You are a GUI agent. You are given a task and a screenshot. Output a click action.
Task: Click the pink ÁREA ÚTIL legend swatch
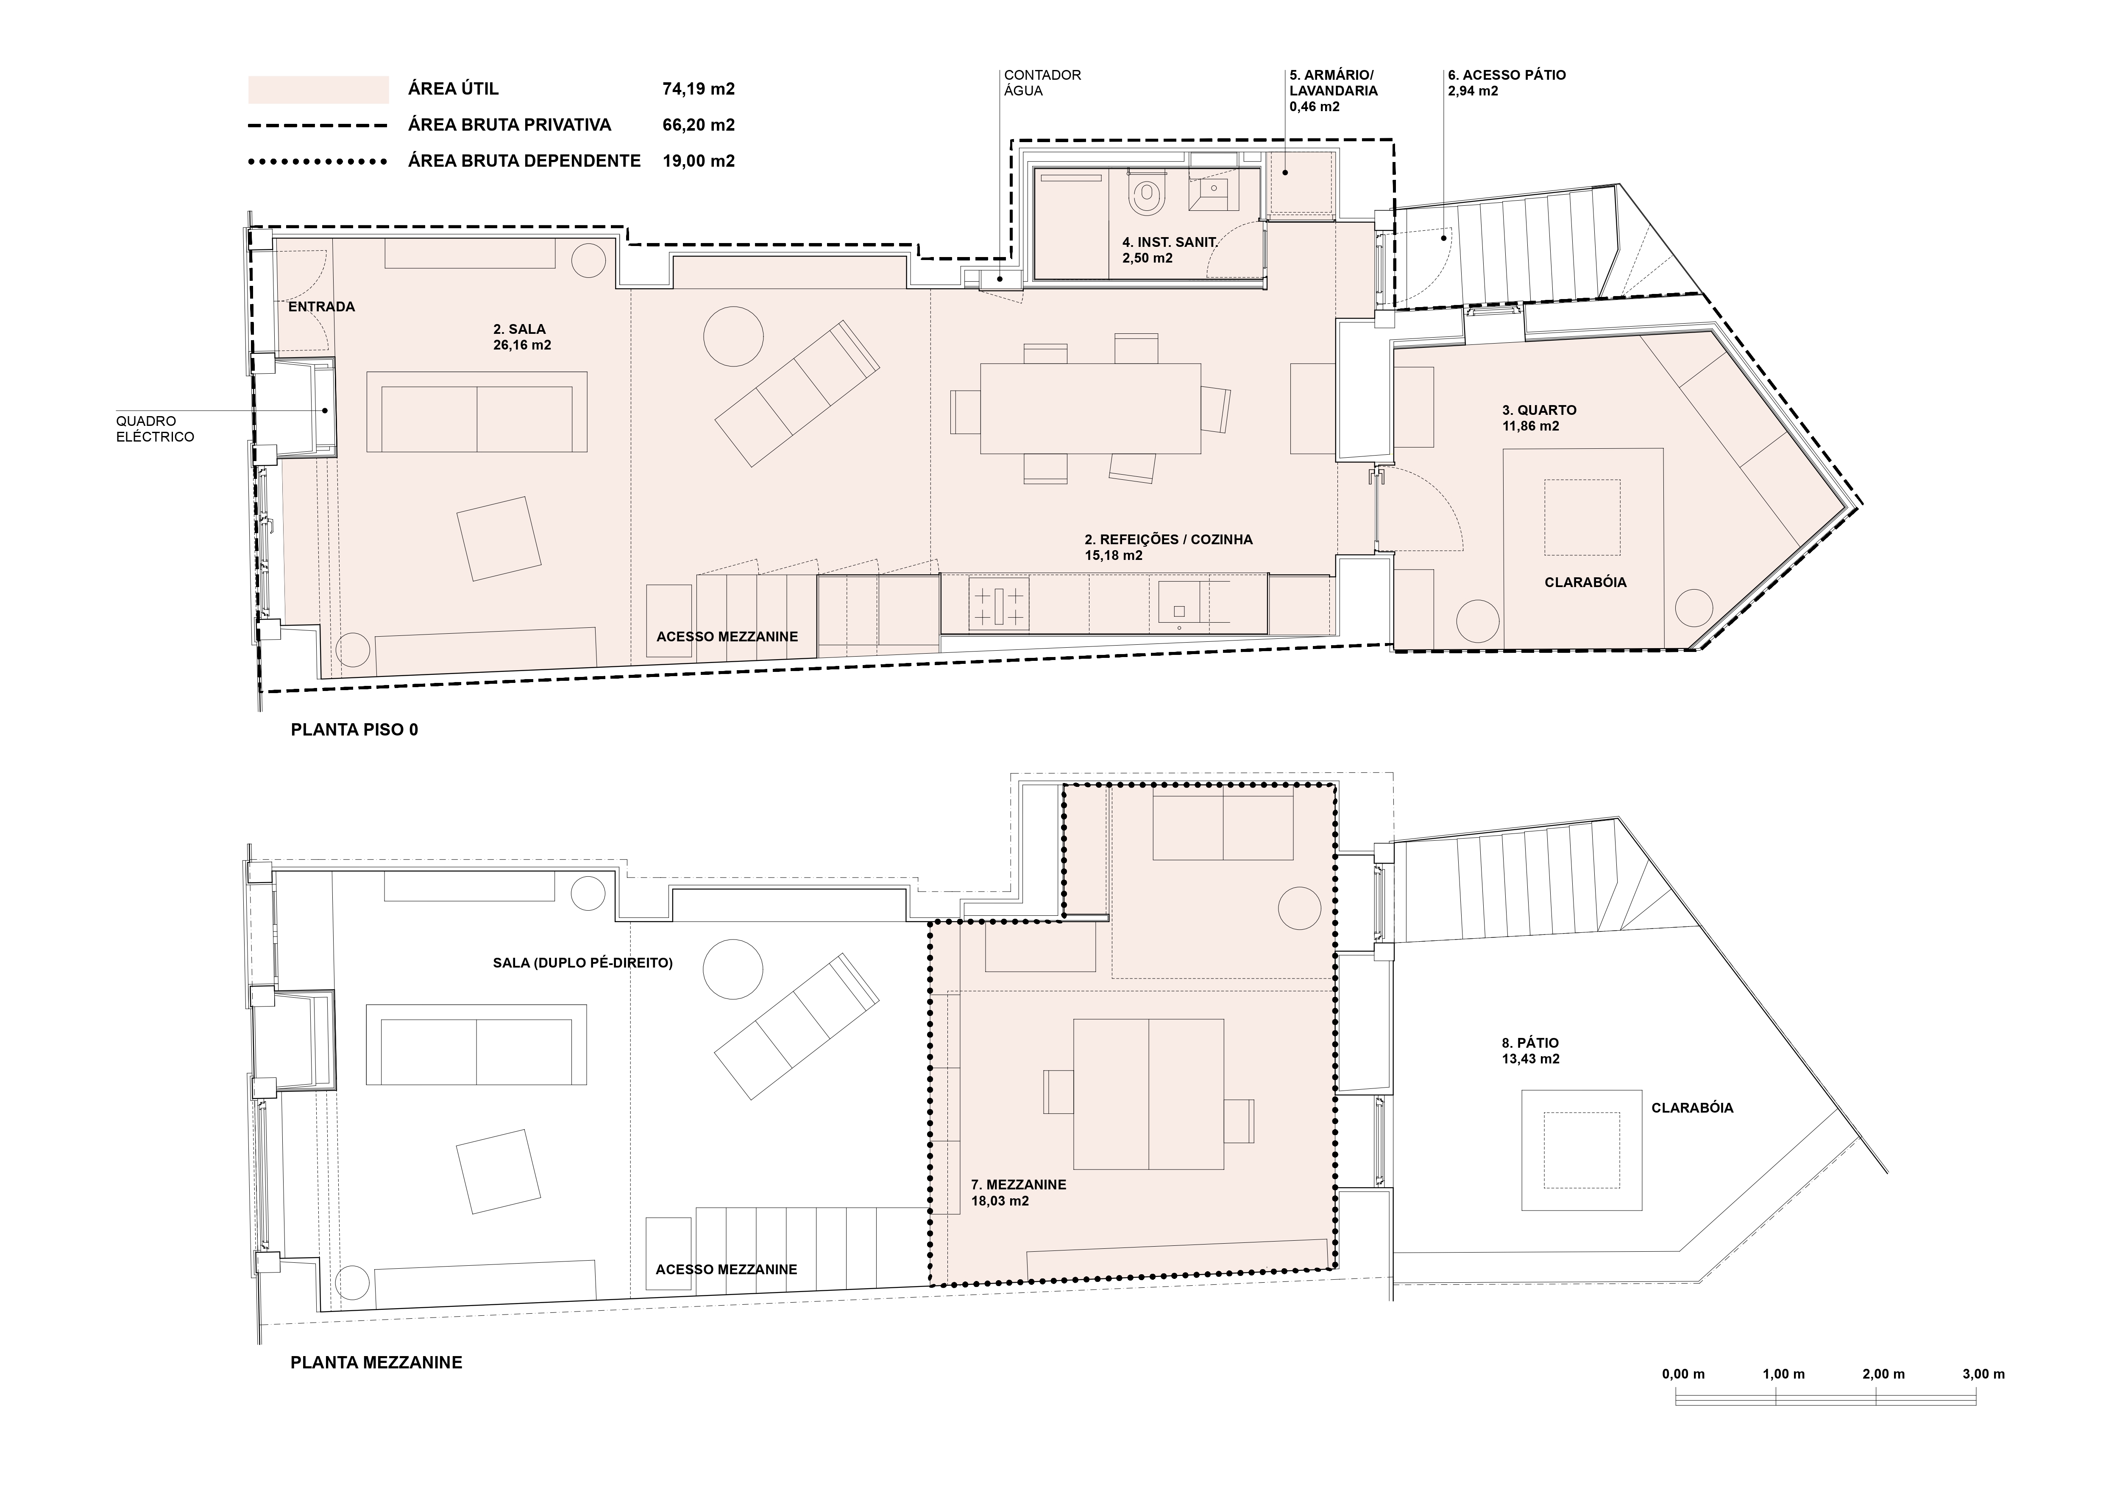[318, 89]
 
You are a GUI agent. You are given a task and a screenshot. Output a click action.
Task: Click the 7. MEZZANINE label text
[1019, 1192]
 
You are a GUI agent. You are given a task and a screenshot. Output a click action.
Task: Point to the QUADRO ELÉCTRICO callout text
[155, 429]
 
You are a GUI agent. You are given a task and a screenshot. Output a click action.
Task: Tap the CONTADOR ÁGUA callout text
[1042, 82]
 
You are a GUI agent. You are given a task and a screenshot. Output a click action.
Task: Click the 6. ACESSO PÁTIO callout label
[1507, 82]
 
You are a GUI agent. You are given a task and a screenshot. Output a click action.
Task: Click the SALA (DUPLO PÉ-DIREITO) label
[582, 963]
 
